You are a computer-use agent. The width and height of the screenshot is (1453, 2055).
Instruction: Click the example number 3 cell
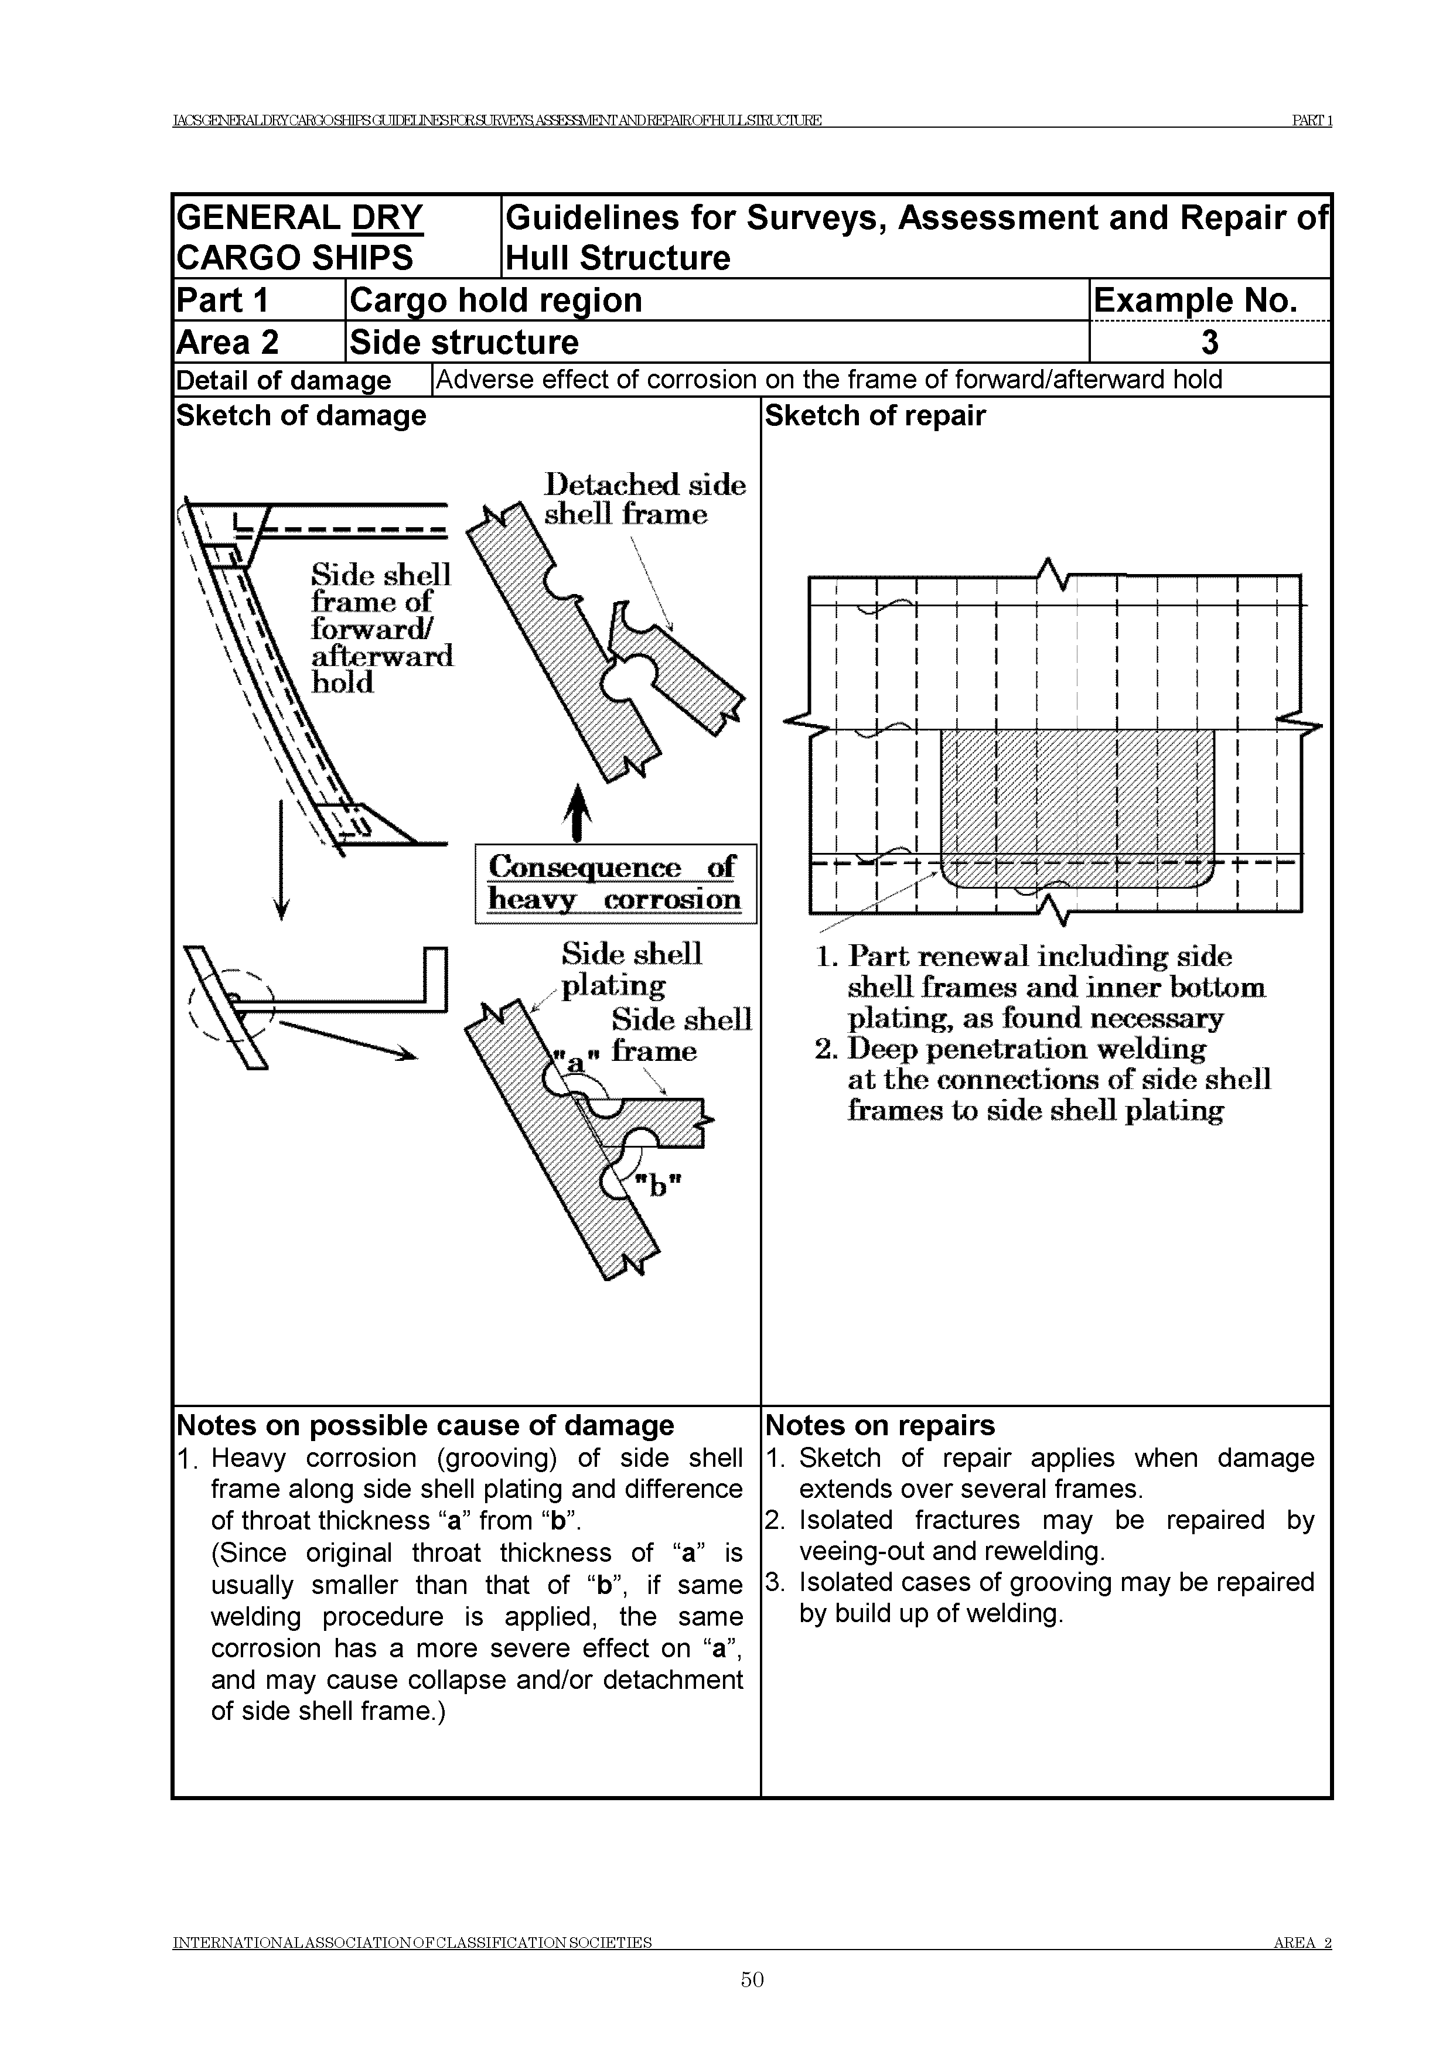pos(1209,342)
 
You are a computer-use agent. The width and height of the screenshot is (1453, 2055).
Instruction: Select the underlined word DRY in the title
pos(388,217)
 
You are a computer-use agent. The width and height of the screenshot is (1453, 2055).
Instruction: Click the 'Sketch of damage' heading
pos(301,416)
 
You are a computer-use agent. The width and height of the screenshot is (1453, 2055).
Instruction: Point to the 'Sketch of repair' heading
pos(875,416)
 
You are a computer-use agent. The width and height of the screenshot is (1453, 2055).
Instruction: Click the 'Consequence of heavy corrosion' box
pos(615,883)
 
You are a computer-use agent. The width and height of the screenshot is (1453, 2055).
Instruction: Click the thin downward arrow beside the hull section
pos(281,859)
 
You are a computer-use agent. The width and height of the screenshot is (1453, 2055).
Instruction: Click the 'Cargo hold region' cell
pos(496,300)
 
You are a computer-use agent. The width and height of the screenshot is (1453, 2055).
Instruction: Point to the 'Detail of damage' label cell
pos(284,380)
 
